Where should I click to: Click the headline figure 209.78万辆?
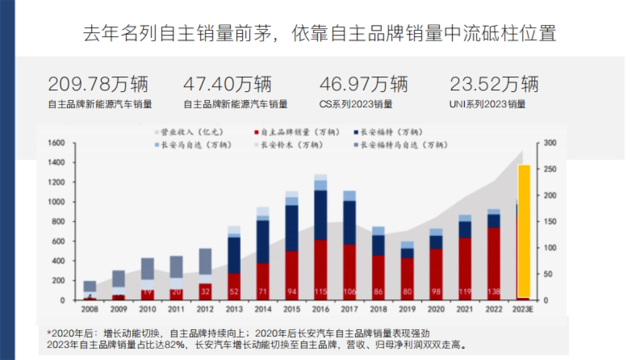(98, 84)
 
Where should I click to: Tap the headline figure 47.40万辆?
(227, 84)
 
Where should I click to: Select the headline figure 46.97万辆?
(363, 84)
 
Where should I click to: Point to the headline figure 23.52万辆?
(494, 84)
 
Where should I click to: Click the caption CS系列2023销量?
(356, 105)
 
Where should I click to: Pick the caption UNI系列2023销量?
(487, 105)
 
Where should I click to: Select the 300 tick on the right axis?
(549, 143)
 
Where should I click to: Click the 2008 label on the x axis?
(90, 309)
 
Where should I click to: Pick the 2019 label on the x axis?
(407, 309)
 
